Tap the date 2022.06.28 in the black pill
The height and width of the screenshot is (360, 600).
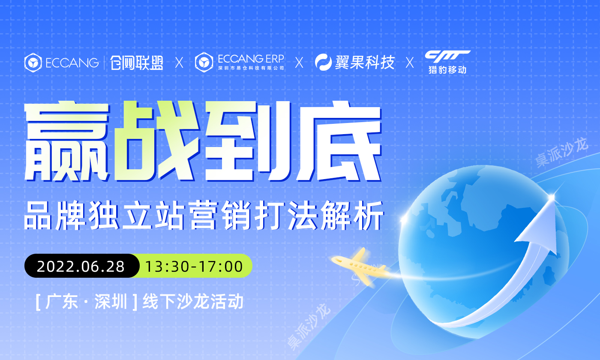(81, 267)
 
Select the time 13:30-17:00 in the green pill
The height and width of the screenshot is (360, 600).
(194, 267)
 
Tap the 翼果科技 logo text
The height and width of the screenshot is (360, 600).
(365, 63)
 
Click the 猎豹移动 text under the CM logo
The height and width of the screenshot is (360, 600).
(447, 69)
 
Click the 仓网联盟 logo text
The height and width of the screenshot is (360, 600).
(137, 63)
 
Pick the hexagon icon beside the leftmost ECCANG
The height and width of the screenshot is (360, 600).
(33, 63)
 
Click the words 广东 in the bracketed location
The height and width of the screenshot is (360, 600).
(61, 302)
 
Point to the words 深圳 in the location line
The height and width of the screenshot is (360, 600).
(111, 302)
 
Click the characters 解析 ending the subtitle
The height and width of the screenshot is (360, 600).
(352, 216)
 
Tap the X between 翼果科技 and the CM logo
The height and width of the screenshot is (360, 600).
(410, 63)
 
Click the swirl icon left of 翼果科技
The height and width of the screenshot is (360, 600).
(324, 63)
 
